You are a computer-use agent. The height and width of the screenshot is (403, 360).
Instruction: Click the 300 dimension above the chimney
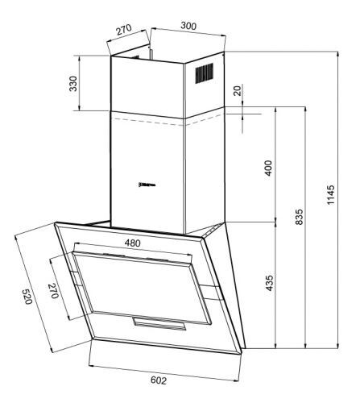[x=187, y=26]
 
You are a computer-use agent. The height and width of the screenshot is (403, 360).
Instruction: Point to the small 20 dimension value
[x=237, y=90]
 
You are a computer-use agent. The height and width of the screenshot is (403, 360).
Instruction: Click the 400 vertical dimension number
[x=269, y=169]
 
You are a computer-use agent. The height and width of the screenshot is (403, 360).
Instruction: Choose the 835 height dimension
[x=299, y=218]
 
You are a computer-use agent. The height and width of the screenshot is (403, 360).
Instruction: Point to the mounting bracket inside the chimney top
[x=148, y=56]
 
